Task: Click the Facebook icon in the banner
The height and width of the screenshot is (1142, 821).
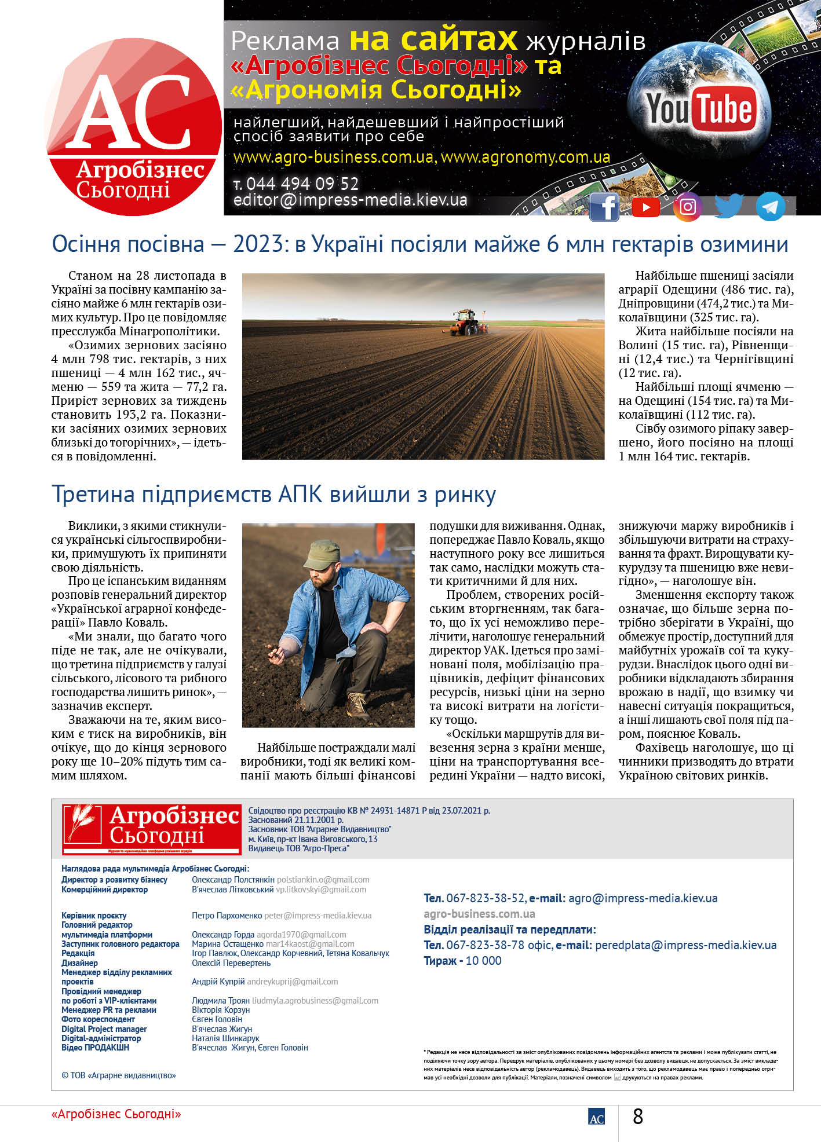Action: click(x=604, y=207)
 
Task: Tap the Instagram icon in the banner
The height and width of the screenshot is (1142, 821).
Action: click(x=688, y=207)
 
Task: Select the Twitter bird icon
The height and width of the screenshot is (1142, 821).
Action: click(x=729, y=206)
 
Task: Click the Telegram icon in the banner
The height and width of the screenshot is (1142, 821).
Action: click(x=771, y=207)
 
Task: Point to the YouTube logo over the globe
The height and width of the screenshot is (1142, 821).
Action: click(x=699, y=109)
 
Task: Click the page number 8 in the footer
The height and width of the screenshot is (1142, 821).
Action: click(x=638, y=1116)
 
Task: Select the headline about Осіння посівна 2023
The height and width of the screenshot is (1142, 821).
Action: click(x=420, y=244)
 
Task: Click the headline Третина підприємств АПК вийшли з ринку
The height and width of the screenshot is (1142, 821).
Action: click(x=273, y=495)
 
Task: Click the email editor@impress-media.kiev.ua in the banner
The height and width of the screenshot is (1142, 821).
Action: click(x=350, y=200)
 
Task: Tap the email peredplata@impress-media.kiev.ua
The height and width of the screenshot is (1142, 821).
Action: click(x=685, y=945)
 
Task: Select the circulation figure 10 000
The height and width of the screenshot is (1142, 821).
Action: click(x=483, y=961)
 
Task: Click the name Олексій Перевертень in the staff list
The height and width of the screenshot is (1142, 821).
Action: click(x=231, y=963)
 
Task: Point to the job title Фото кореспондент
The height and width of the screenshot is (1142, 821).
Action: click(x=98, y=1019)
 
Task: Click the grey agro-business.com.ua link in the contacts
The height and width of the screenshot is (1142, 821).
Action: click(x=479, y=914)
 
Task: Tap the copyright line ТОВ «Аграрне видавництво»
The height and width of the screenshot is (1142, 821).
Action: click(x=119, y=1075)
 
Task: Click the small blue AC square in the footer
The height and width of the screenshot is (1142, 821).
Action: click(x=596, y=1117)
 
